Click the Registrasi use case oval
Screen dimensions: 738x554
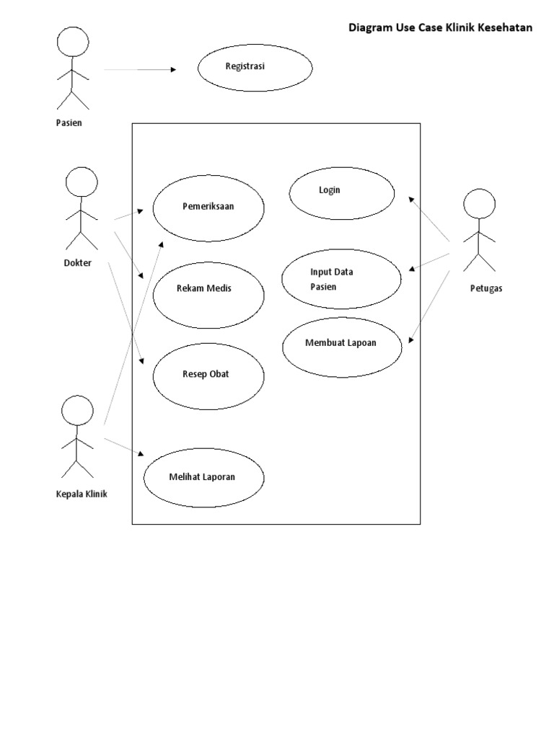[x=255, y=68]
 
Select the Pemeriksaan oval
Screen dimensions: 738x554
[x=208, y=208]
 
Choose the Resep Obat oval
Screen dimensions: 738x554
[x=208, y=375]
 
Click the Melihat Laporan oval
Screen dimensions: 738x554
[x=203, y=478]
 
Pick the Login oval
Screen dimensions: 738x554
[x=341, y=193]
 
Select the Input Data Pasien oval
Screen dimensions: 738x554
[x=341, y=280]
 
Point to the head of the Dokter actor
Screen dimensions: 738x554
[x=81, y=182]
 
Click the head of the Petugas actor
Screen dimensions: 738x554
[x=478, y=203]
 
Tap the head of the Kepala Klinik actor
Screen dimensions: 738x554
[x=76, y=412]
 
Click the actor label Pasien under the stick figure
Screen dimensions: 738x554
[x=69, y=123]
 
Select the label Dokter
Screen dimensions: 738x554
[x=77, y=263]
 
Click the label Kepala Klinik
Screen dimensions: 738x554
[x=81, y=494]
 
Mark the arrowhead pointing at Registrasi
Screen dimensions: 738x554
[x=173, y=70]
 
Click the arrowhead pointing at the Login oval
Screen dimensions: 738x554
[x=412, y=197]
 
